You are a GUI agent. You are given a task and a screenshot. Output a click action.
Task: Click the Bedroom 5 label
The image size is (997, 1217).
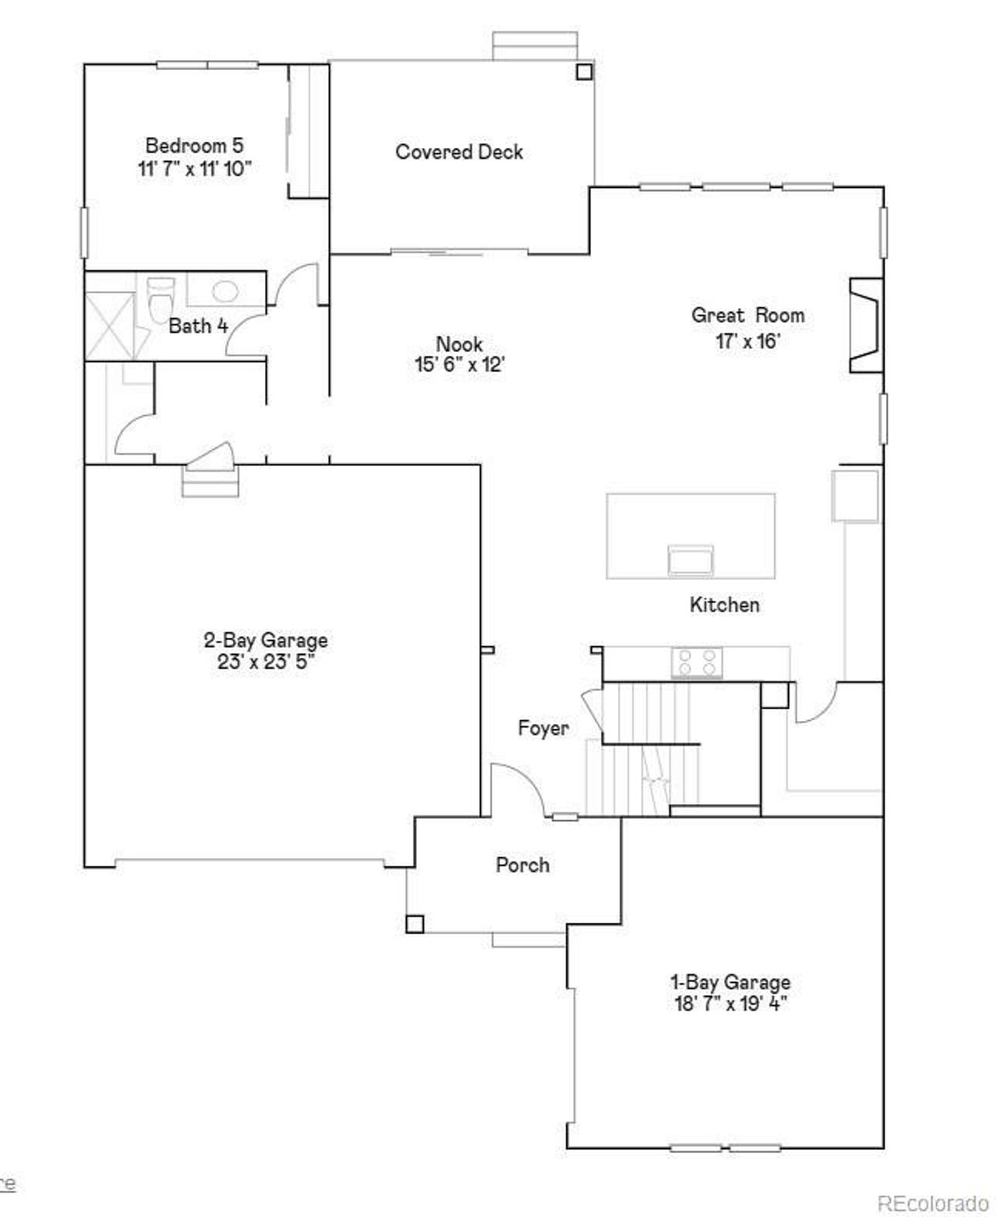pyautogui.click(x=195, y=146)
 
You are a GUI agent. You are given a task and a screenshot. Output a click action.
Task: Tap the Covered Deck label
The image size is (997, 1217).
pyautogui.click(x=459, y=152)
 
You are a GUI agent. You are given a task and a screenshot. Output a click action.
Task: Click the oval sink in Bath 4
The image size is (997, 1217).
pyautogui.click(x=225, y=292)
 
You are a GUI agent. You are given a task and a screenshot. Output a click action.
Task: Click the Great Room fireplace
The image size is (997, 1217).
pyautogui.click(x=866, y=325)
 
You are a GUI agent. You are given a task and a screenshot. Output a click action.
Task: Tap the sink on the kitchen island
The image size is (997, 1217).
pyautogui.click(x=690, y=560)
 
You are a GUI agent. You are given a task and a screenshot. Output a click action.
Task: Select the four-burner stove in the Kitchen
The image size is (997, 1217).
pyautogui.click(x=697, y=663)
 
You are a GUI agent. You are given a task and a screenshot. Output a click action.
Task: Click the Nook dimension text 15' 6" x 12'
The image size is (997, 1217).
pyautogui.click(x=460, y=365)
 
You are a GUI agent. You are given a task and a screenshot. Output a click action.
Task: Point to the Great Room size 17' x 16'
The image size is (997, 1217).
pyautogui.click(x=748, y=340)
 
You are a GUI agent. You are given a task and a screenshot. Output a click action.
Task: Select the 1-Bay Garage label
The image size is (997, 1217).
pyautogui.click(x=731, y=982)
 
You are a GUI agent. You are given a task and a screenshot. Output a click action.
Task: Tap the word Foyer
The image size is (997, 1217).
pyautogui.click(x=544, y=728)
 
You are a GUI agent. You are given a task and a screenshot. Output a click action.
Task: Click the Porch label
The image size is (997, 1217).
pyautogui.click(x=523, y=865)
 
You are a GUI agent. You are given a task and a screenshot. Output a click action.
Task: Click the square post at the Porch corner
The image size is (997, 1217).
pyautogui.click(x=414, y=923)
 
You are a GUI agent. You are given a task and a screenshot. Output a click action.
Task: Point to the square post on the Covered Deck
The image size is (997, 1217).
pyautogui.click(x=583, y=72)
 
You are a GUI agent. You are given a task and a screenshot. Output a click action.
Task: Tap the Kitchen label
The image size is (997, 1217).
pyautogui.click(x=724, y=605)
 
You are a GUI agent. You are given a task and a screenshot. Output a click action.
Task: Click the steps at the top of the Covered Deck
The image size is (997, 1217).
pyautogui.click(x=535, y=45)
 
